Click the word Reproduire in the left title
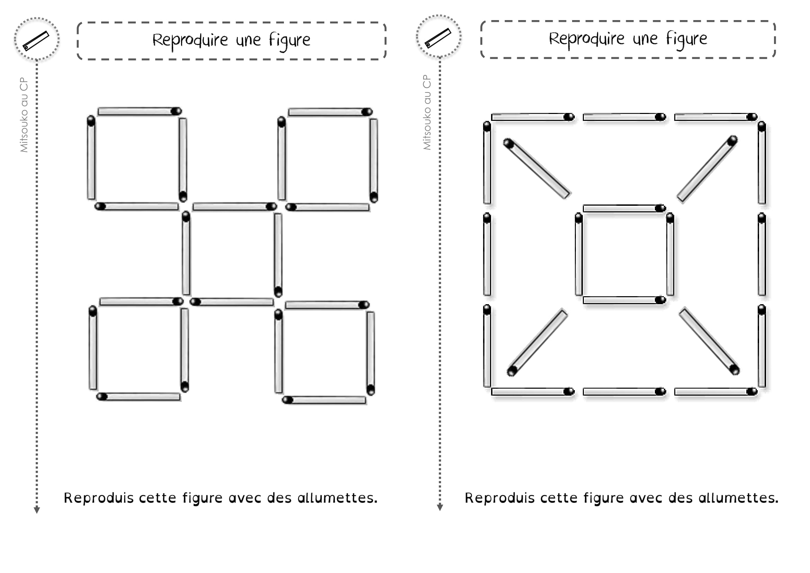point(190,40)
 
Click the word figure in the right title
point(686,39)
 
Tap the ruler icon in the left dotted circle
point(36,41)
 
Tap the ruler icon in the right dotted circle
point(438,38)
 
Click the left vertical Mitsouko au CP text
point(24,115)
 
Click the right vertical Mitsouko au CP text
point(427,113)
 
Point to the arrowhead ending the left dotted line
point(37,510)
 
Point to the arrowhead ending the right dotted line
point(439,508)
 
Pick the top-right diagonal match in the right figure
point(707,169)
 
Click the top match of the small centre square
point(624,208)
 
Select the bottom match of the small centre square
point(624,300)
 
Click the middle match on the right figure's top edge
point(624,117)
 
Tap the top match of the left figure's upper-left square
point(139,112)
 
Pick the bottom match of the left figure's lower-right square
point(324,400)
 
